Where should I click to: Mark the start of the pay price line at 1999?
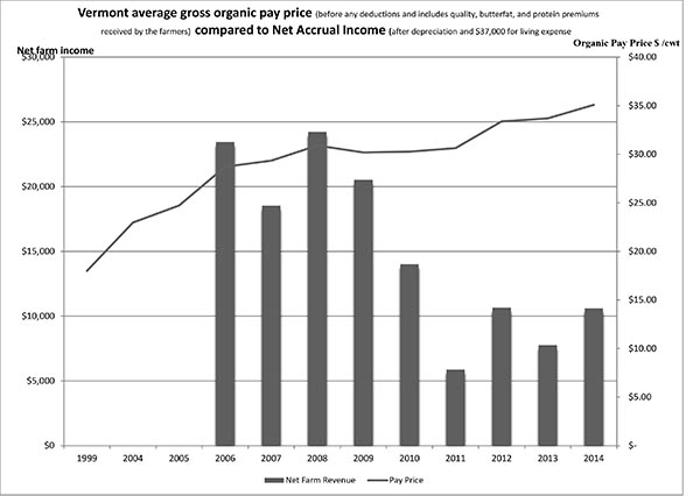point(87,271)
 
